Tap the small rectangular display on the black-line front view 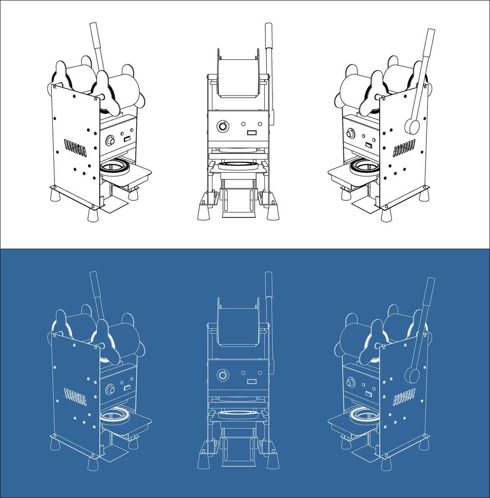pyautogui.click(x=251, y=133)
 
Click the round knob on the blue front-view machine pyautogui.click(x=223, y=375)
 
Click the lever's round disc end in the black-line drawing pyautogui.click(x=410, y=126)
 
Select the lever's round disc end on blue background pyautogui.click(x=411, y=375)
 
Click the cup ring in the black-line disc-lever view pyautogui.click(x=362, y=165)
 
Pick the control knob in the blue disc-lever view pyautogui.click(x=351, y=382)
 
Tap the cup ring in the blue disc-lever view pyautogui.click(x=362, y=415)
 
